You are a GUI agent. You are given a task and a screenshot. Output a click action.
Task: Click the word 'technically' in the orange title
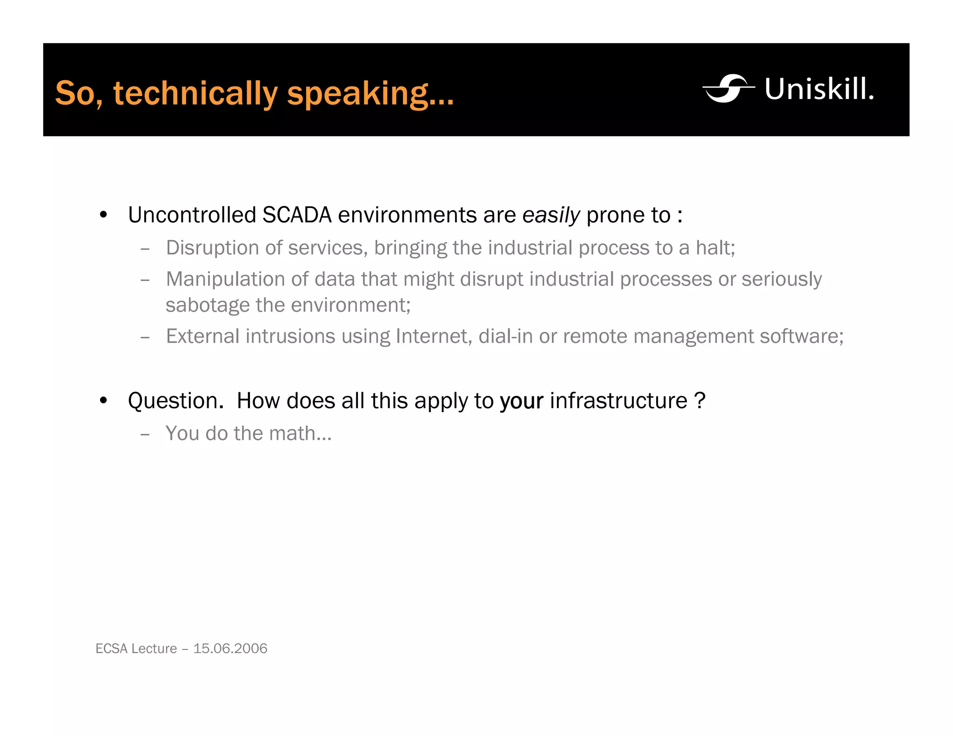pyautogui.click(x=195, y=93)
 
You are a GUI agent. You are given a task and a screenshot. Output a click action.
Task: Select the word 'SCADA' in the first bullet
pyautogui.click(x=297, y=215)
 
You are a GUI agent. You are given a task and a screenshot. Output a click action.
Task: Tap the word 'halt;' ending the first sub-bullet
pyautogui.click(x=715, y=248)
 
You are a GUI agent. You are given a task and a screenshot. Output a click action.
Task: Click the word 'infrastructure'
pyautogui.click(x=618, y=401)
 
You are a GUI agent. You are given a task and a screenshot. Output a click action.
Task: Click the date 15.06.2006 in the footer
pyautogui.click(x=230, y=649)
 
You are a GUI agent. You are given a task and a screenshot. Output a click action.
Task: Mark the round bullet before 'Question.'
pyautogui.click(x=103, y=401)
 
